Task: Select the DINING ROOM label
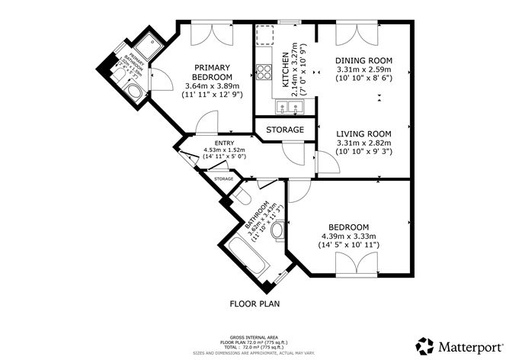click(364, 60)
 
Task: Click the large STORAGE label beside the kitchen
click(285, 130)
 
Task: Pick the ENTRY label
click(224, 142)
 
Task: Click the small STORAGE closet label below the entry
click(223, 178)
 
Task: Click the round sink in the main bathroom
click(279, 230)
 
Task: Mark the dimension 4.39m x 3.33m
click(349, 236)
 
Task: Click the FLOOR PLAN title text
click(254, 304)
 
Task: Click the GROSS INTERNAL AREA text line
click(254, 336)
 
